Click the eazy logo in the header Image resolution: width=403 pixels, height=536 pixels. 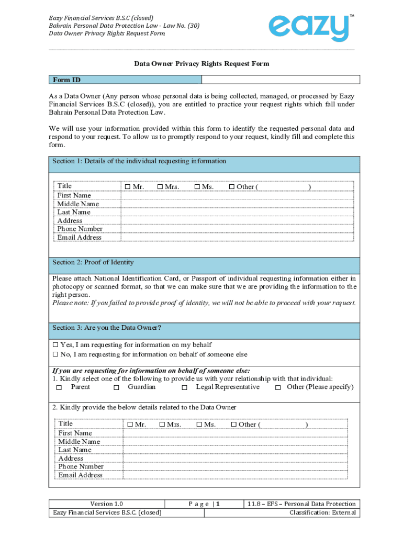click(309, 27)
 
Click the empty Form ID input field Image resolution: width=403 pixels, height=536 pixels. click(281, 80)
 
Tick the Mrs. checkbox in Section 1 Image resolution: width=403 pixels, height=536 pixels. click(160, 187)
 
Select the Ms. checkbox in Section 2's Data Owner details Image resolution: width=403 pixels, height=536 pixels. click(199, 425)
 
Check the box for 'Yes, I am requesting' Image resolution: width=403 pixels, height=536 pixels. click(56, 345)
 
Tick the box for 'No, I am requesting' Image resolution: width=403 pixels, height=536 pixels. click(56, 355)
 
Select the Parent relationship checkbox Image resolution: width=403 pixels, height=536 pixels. click(59, 387)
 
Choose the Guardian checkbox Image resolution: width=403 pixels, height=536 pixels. click(116, 387)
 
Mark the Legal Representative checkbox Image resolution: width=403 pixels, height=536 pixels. click(184, 387)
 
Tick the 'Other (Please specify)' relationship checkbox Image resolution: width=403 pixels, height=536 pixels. click(278, 387)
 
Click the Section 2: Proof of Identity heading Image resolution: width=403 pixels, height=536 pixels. click(93, 262)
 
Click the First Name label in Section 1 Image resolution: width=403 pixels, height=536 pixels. click(74, 195)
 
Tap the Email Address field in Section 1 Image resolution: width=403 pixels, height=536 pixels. click(238, 237)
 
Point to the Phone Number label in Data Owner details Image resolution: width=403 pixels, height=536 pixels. click(81, 466)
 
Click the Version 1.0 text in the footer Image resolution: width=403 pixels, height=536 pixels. click(107, 504)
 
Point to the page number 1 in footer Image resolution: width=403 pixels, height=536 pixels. click(218, 504)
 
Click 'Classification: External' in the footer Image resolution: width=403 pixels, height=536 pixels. click(322, 512)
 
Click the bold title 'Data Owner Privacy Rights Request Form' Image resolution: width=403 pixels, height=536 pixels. click(201, 64)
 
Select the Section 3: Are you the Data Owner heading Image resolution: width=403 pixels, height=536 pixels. click(107, 328)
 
